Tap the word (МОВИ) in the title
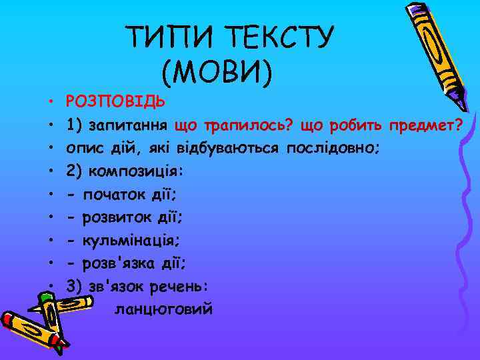pyautogui.click(x=217, y=71)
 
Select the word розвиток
pyautogui.click(x=119, y=216)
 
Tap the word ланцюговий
pyautogui.click(x=164, y=309)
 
